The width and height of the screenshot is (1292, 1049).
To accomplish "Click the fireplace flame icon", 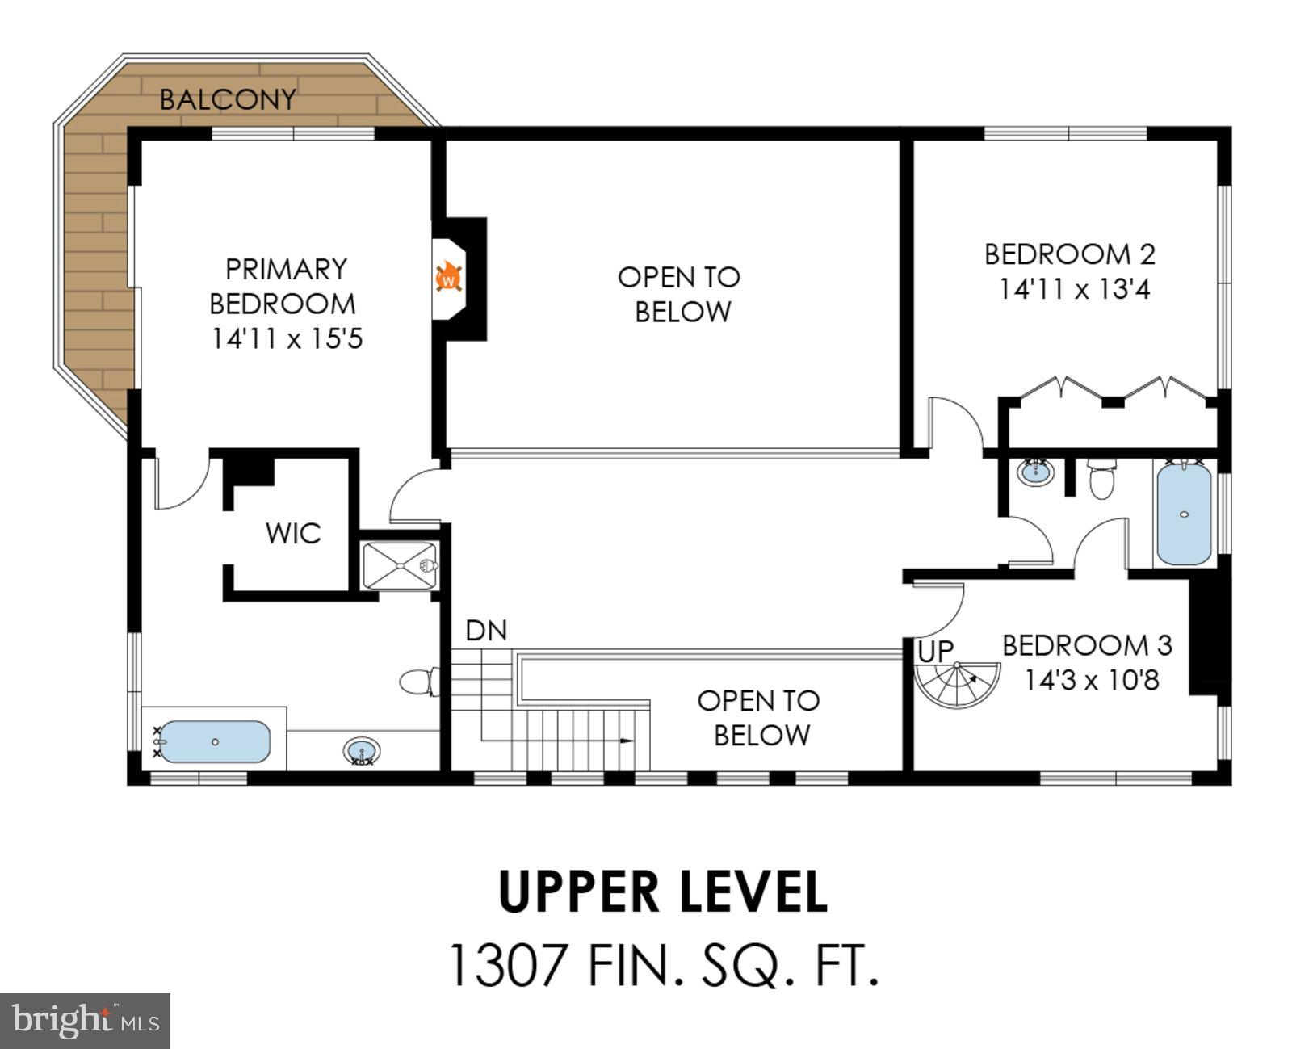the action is [x=449, y=277].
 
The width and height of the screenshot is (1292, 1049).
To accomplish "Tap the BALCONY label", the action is [x=228, y=99].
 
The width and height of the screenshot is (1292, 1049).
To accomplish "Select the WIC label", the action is [x=293, y=533].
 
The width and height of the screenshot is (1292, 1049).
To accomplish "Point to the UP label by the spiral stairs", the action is [x=935, y=652].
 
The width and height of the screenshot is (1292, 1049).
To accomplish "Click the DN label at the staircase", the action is [x=486, y=631].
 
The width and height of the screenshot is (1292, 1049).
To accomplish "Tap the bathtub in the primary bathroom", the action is [x=214, y=741].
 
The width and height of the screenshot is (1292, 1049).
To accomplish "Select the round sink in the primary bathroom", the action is [x=362, y=750].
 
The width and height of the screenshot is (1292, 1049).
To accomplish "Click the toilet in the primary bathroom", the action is [x=419, y=682].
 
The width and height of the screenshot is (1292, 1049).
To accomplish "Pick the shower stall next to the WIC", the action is [x=400, y=566].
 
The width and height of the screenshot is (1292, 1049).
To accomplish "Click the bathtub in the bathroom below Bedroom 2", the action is [x=1184, y=514].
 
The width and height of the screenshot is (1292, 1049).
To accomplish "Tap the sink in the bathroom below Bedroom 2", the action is [x=1036, y=472].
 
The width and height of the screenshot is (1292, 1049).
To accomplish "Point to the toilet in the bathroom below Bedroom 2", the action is [x=1101, y=479].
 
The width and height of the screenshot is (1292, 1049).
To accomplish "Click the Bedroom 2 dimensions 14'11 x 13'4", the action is [x=1074, y=289].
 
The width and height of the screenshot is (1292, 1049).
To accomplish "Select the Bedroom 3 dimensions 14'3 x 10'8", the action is [x=1092, y=679].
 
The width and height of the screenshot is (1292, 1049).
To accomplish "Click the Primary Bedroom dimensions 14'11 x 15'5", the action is [x=287, y=338].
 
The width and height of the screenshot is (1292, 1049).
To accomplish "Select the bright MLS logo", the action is [x=85, y=1021].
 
